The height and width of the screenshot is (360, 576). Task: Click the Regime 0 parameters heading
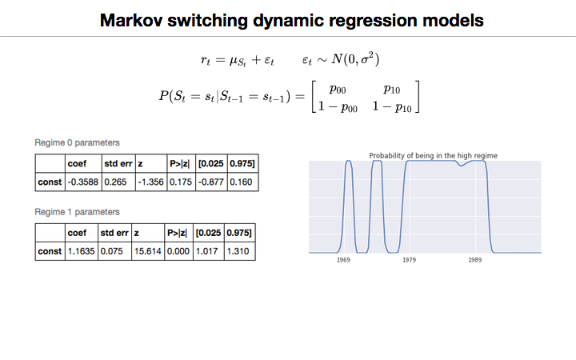(77, 142)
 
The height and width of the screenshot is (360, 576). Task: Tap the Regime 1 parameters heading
(77, 212)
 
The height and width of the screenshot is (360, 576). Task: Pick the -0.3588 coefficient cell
(82, 182)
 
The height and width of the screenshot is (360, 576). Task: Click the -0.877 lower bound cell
(211, 182)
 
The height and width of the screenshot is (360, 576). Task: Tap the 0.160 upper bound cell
(240, 182)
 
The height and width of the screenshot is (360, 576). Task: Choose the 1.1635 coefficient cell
(80, 252)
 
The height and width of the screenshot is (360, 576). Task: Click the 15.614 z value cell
(147, 252)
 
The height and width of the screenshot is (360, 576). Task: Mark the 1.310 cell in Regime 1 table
(238, 252)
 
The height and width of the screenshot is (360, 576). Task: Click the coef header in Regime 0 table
(78, 164)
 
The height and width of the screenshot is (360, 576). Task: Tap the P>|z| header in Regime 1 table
(177, 234)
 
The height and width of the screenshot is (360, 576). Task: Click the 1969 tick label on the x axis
(343, 260)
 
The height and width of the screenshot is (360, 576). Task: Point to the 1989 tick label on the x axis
(474, 260)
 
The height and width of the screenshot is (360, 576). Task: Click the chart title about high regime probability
(434, 155)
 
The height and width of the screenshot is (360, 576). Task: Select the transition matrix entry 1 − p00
(338, 106)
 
